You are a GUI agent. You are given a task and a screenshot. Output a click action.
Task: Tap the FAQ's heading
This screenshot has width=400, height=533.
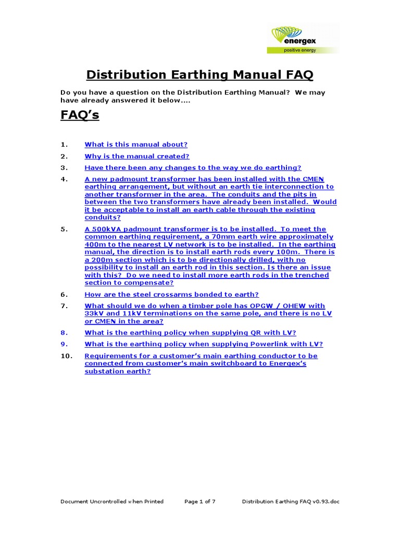coord(80,115)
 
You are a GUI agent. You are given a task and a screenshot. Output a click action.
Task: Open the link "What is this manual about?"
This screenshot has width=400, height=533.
coord(136,145)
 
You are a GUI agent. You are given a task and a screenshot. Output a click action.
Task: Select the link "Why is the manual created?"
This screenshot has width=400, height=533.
coord(137,156)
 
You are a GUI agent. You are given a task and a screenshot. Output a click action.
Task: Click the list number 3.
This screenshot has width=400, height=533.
coord(64,168)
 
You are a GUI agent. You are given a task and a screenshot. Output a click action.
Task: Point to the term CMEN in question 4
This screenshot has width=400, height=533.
coord(313,179)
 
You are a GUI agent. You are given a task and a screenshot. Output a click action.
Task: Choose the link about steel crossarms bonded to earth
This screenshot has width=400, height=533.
coord(171,295)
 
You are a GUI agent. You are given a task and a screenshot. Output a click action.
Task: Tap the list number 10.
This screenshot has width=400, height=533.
coord(66,356)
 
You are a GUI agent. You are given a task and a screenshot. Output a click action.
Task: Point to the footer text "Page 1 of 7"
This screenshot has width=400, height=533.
coord(200,502)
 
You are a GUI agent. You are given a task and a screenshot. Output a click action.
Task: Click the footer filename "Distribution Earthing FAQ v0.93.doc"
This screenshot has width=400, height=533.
coord(291,502)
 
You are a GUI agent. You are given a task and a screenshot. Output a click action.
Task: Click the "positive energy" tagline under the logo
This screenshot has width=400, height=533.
coord(299,50)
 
